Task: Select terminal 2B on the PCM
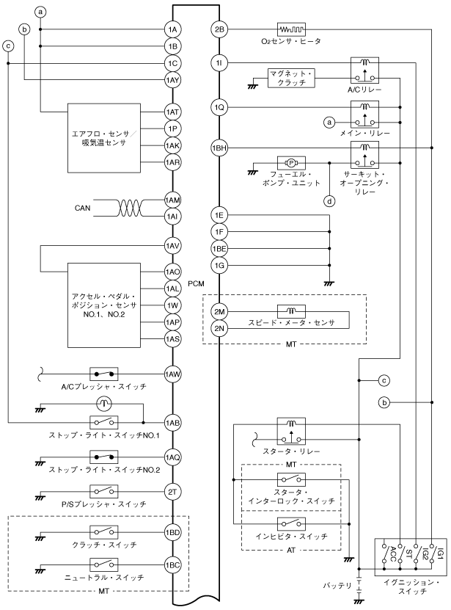tap(219, 29)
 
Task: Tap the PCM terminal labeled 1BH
tap(219, 147)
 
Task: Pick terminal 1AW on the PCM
tap(173, 374)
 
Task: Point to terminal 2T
tap(173, 492)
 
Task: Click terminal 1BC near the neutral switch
tap(173, 564)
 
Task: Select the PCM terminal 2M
tap(219, 311)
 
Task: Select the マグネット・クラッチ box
tap(290, 79)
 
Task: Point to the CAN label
tap(83, 208)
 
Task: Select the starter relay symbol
tap(291, 429)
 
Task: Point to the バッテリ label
tap(337, 586)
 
